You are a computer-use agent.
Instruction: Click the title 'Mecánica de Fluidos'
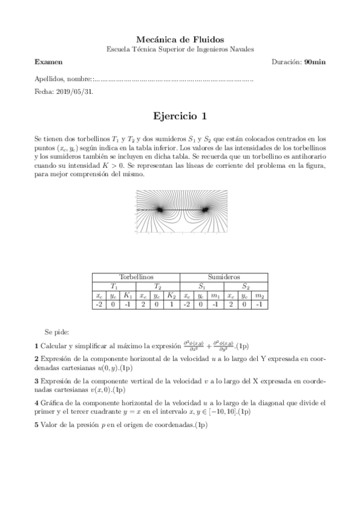[180, 39]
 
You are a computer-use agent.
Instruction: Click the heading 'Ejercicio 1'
[180, 116]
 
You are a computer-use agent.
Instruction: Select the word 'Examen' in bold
[48, 62]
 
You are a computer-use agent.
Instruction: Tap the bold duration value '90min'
[315, 62]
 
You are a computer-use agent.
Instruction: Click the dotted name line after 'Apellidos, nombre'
[174, 79]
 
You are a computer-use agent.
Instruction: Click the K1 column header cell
[127, 295]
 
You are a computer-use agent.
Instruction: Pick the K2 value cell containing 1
[171, 305]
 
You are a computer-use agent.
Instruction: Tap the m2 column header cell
[260, 295]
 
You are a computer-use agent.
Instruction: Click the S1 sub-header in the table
[202, 286]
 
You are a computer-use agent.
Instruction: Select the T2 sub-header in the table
[157, 286]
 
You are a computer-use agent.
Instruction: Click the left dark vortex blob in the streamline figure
[160, 209]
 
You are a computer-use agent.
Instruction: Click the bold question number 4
[37, 402]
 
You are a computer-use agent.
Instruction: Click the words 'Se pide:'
[57, 332]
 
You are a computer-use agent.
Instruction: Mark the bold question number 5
[37, 425]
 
